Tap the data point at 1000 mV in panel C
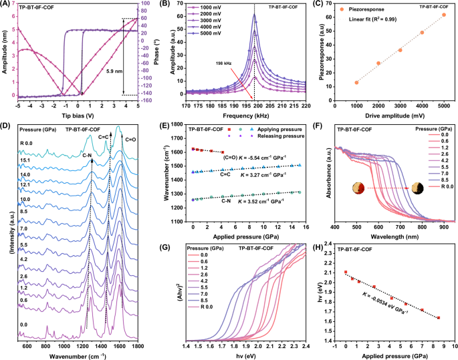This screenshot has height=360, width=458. pos(356,82)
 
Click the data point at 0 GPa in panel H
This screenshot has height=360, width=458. pos(345,273)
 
